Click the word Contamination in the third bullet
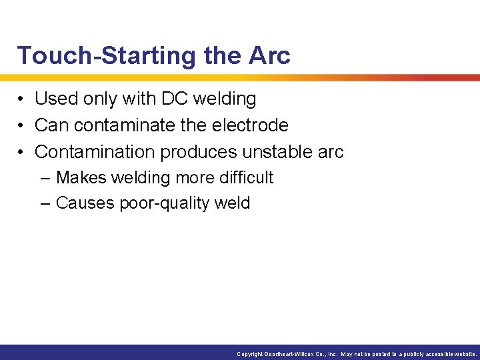coord(95,151)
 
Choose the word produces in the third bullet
coord(198,151)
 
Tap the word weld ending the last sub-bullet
coord(233,203)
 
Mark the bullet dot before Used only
coord(22,99)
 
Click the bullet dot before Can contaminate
coord(22,125)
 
